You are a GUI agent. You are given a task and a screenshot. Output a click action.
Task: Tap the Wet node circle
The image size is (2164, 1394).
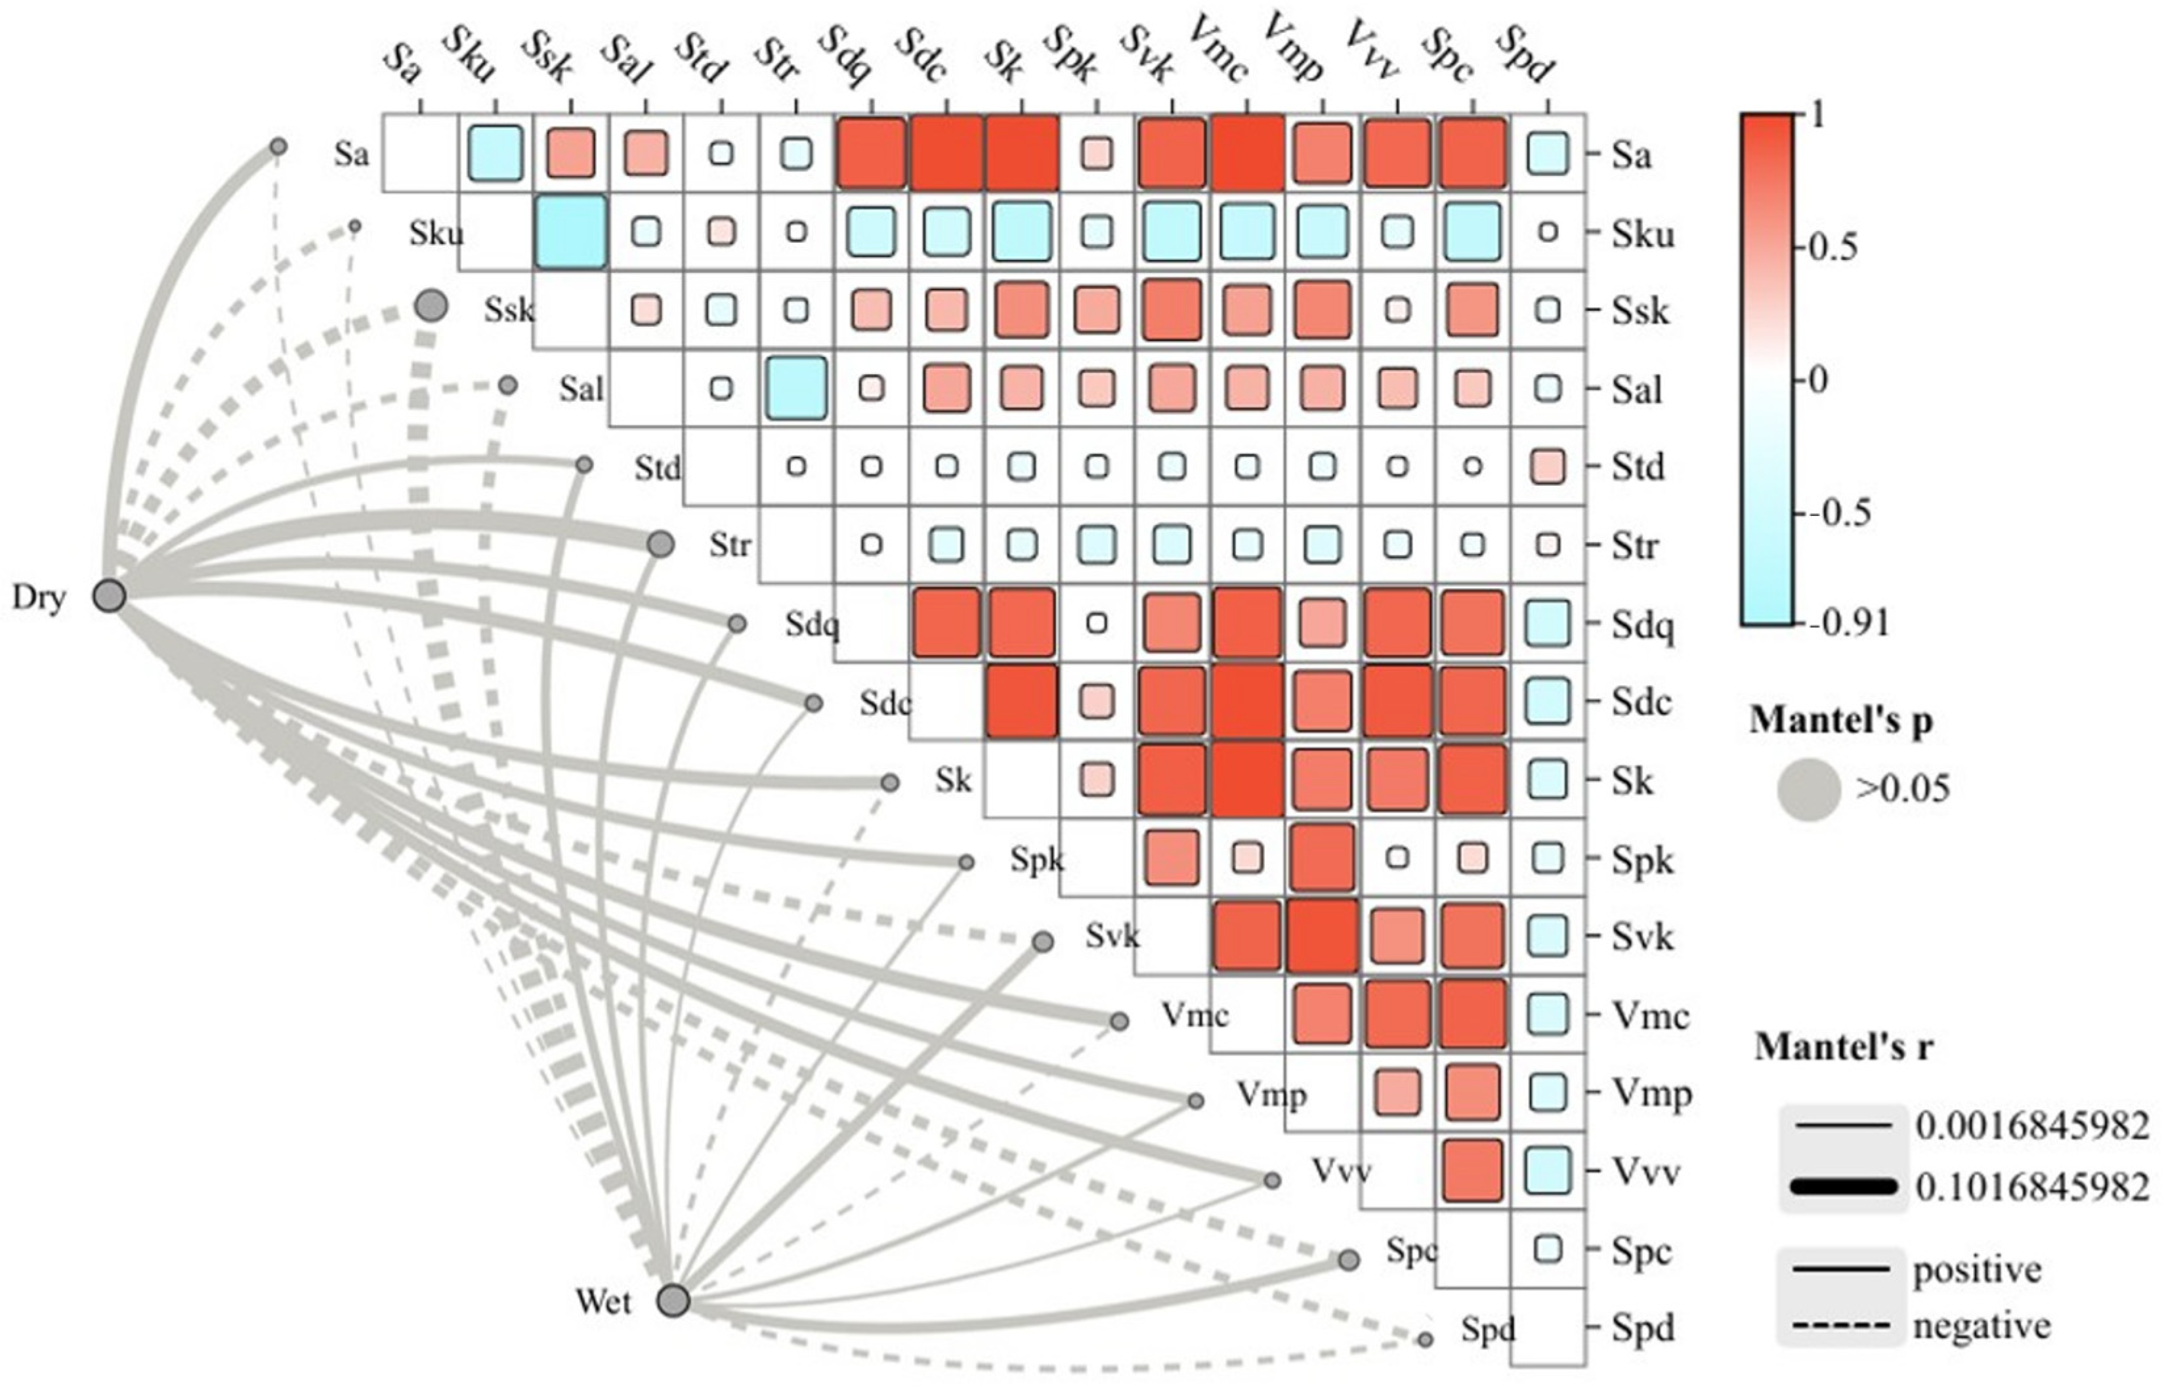coord(673,1301)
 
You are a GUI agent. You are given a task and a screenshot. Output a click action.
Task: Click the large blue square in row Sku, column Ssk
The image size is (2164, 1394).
coord(570,232)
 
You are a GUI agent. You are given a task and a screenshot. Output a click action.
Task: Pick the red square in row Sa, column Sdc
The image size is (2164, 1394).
coord(946,153)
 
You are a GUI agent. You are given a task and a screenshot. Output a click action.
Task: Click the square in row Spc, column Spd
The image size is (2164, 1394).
coord(1548,1249)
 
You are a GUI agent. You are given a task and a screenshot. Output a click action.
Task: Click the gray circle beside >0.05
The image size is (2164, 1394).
coord(1808,790)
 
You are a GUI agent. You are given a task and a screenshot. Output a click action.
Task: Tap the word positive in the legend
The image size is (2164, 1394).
coord(1977,1271)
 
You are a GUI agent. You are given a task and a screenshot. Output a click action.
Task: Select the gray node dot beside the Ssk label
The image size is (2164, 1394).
coord(432,306)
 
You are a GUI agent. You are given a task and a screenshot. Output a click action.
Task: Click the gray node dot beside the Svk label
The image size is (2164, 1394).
coord(1043,941)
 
